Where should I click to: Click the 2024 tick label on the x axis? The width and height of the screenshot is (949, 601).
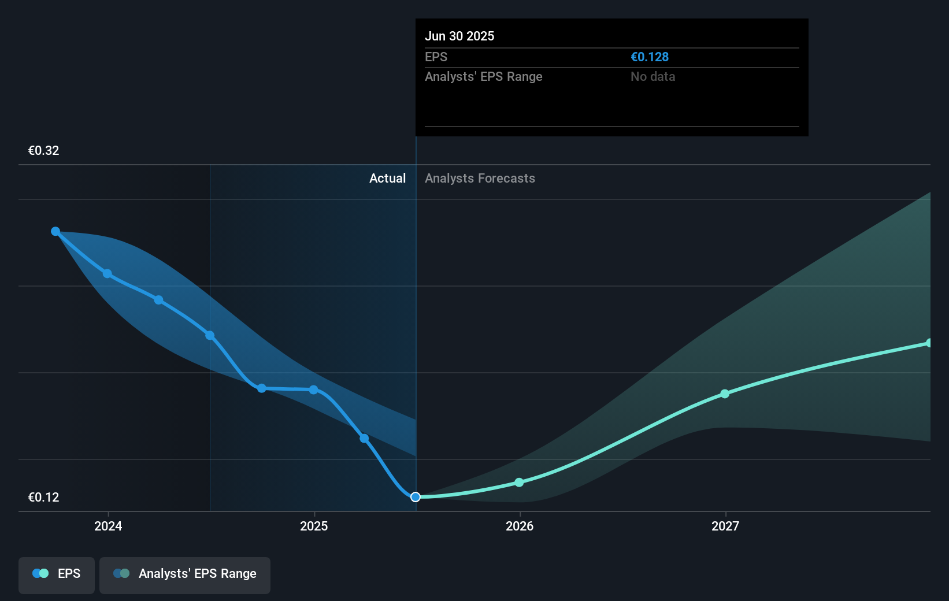(108, 526)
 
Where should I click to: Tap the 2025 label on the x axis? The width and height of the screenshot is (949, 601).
(314, 526)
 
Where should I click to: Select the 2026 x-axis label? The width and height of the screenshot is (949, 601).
(520, 526)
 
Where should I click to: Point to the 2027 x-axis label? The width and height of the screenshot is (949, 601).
(725, 526)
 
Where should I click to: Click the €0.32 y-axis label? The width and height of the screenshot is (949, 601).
(43, 151)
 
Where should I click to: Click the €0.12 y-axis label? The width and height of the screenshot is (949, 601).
(43, 498)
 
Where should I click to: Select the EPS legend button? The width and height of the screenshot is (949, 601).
(57, 574)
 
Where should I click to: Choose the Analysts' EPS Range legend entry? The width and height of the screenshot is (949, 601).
(185, 574)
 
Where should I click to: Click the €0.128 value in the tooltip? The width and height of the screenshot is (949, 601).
(650, 57)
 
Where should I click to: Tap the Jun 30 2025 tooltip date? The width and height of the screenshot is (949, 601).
(459, 36)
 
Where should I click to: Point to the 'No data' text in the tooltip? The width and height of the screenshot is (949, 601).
(653, 77)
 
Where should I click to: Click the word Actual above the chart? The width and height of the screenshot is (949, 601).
(387, 179)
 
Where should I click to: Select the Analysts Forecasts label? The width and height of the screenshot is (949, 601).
(480, 179)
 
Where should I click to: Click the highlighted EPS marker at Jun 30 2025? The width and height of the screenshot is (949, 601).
(416, 497)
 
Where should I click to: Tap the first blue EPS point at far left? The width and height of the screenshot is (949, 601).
(55, 231)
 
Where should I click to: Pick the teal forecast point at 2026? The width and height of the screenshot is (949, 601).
(519, 483)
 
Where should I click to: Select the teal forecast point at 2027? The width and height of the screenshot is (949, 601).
(725, 394)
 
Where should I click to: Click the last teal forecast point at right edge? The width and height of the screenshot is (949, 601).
(929, 343)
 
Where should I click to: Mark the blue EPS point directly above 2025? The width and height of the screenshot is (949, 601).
(313, 390)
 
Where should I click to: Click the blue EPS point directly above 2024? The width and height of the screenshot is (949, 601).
(107, 273)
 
